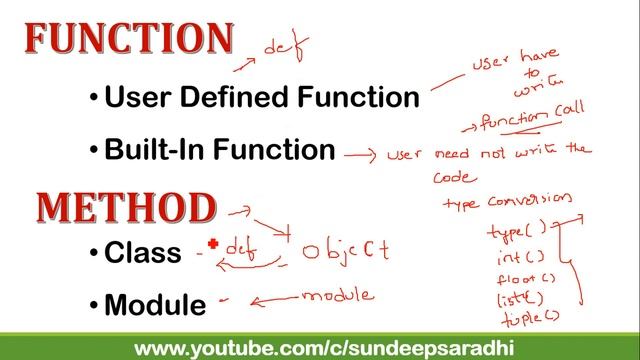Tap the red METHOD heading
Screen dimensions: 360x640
[126, 207]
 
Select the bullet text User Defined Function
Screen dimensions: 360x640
[261, 97]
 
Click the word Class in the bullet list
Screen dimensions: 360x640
[143, 253]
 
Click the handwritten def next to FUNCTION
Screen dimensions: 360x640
[285, 46]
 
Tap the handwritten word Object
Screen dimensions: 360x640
[345, 249]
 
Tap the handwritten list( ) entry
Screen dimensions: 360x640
[519, 298]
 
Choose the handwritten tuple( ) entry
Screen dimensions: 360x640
[525, 318]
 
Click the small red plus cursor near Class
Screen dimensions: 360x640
[213, 243]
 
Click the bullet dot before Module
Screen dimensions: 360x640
[94, 305]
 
